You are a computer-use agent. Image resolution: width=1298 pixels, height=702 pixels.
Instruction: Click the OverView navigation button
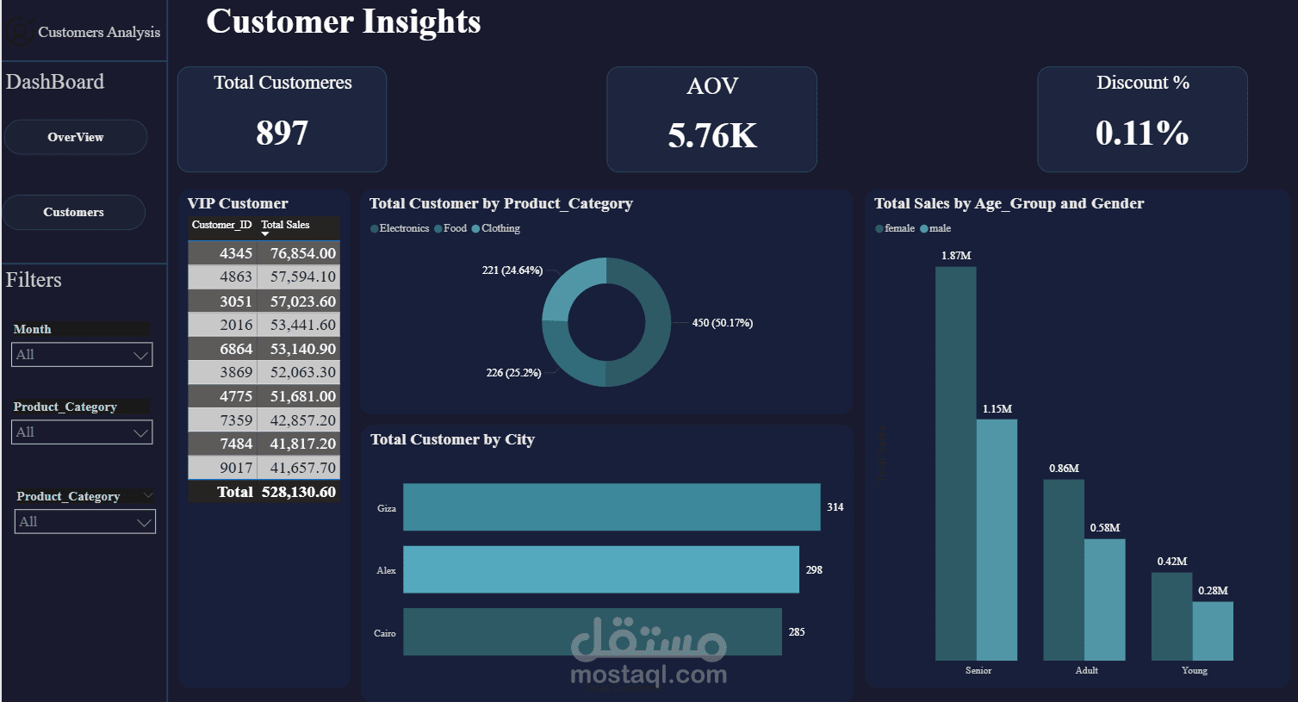[x=76, y=137]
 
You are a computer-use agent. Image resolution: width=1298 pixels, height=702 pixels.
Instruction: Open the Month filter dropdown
[x=82, y=355]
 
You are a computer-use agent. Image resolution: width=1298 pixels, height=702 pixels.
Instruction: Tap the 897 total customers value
[x=282, y=133]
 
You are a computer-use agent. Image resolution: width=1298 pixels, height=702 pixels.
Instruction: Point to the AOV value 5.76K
[x=712, y=135]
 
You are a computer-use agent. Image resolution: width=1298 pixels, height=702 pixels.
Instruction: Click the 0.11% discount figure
[x=1142, y=133]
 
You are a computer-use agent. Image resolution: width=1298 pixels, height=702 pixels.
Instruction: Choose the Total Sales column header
[x=285, y=225]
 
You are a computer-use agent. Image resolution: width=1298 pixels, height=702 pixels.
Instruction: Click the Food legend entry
[x=454, y=228]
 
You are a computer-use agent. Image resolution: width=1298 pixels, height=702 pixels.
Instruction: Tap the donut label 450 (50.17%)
[x=722, y=323]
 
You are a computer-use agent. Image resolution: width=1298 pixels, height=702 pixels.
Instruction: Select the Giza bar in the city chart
[x=612, y=507]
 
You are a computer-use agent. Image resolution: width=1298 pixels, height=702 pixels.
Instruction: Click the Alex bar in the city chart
[x=600, y=569]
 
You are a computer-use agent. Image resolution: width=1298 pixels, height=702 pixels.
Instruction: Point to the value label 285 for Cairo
[x=797, y=632]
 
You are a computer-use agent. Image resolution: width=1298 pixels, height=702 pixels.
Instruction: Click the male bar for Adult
[x=1104, y=599]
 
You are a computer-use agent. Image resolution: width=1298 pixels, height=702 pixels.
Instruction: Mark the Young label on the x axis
[x=1194, y=670]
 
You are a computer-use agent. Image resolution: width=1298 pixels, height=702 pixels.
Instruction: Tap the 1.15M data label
[x=997, y=409]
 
